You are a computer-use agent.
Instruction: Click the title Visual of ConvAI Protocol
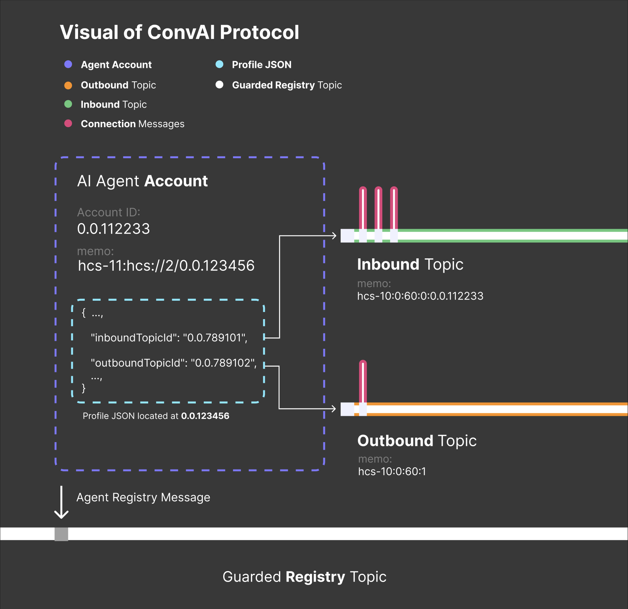[x=179, y=32]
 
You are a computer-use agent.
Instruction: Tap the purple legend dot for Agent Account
[x=68, y=64]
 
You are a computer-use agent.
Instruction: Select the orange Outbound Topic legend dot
[x=68, y=85]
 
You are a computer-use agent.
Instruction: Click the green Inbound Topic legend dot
[x=68, y=104]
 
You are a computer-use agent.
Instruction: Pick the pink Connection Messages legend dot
[x=68, y=123]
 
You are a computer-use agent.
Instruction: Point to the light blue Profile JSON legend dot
[x=219, y=64]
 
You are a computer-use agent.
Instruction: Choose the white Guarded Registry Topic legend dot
[x=219, y=85]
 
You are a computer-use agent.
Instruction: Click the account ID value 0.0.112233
[x=113, y=229]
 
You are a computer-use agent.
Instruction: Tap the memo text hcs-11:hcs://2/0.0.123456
[x=166, y=265]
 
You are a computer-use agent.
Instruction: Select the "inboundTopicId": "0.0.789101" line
[x=169, y=338]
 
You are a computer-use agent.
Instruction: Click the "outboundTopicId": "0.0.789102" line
[x=174, y=363]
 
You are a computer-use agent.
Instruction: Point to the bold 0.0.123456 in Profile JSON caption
[x=205, y=416]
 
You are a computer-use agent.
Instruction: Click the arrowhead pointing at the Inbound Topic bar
[x=334, y=235]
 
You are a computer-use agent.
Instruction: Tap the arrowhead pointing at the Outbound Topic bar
[x=334, y=408]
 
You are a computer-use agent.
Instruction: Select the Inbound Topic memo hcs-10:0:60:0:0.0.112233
[x=420, y=296]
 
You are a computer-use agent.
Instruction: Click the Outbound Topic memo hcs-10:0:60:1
[x=392, y=471]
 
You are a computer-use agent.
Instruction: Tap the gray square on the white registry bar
[x=61, y=534]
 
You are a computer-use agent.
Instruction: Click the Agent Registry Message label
[x=143, y=497]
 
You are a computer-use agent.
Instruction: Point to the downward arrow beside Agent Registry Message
[x=61, y=502]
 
